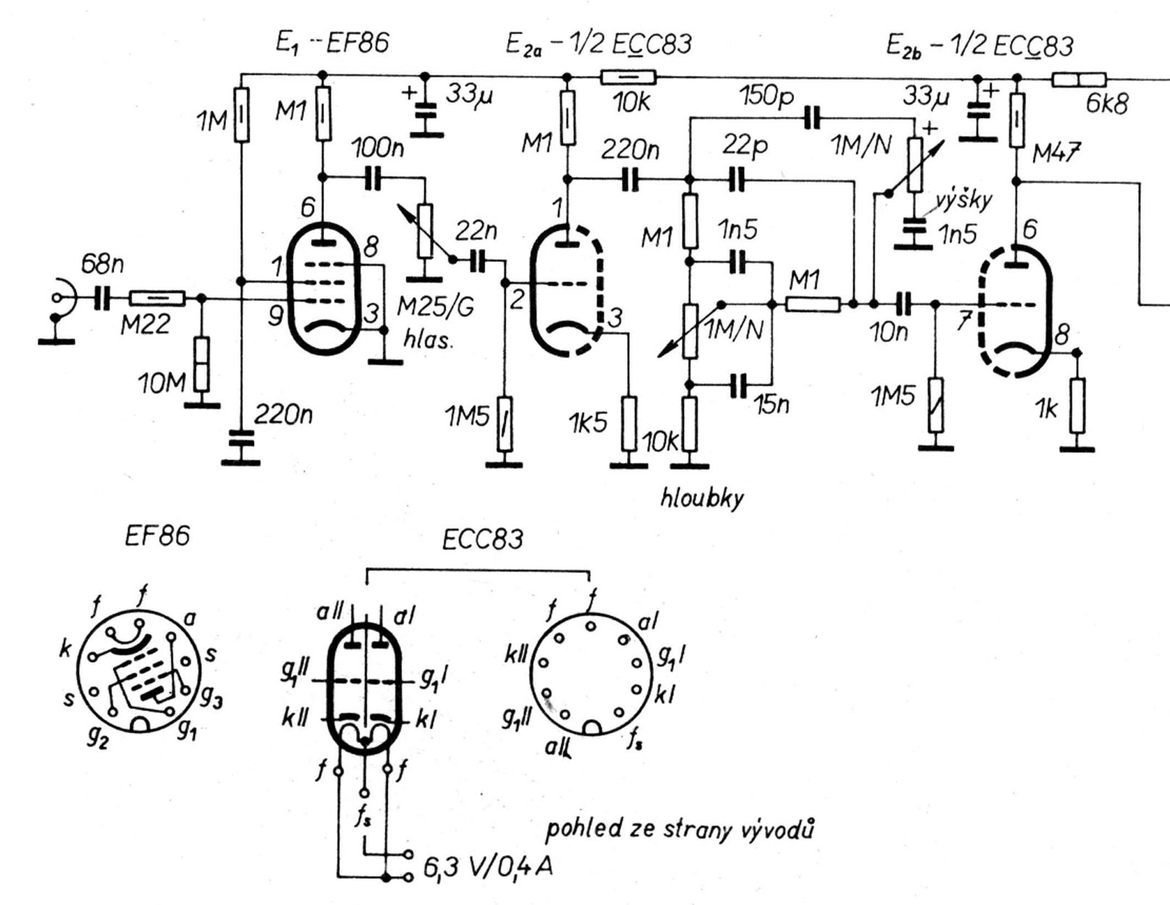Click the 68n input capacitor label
[102, 265]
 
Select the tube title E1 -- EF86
[332, 43]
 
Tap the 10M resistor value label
[161, 383]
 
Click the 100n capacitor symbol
[373, 178]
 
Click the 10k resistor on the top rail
[628, 77]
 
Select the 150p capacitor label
[767, 96]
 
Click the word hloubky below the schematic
[702, 498]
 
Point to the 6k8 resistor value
[1107, 103]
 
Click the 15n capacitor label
[772, 405]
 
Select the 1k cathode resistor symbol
[1078, 406]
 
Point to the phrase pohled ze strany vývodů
[680, 830]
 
